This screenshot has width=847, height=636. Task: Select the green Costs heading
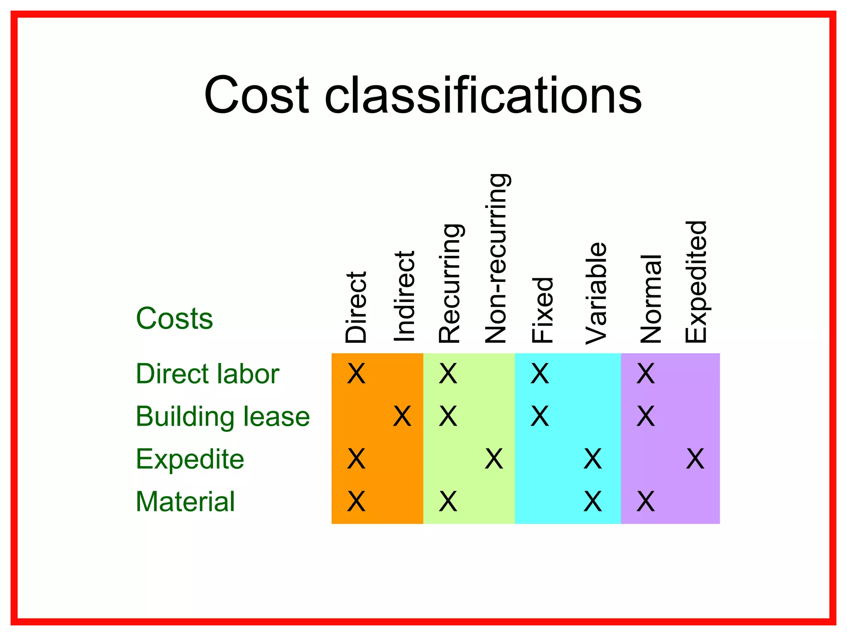(x=174, y=319)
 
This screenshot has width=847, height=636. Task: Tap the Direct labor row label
(x=207, y=374)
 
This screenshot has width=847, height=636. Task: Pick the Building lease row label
(x=223, y=416)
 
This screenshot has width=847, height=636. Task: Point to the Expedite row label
(x=190, y=459)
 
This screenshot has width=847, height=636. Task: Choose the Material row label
(x=185, y=502)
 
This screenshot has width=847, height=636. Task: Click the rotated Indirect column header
(x=404, y=296)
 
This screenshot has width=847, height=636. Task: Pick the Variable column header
(x=596, y=294)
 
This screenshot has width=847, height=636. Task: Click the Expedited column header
(x=696, y=282)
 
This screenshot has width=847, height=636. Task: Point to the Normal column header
(x=650, y=299)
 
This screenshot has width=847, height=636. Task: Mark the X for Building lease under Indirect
(x=402, y=416)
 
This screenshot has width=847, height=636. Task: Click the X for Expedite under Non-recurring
(x=494, y=459)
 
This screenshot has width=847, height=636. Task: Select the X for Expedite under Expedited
(x=695, y=459)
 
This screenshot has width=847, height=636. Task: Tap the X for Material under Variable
(x=593, y=502)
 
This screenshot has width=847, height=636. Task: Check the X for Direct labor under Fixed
(x=540, y=374)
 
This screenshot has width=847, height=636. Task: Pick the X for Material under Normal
(x=646, y=502)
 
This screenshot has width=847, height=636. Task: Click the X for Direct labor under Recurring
(x=448, y=374)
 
